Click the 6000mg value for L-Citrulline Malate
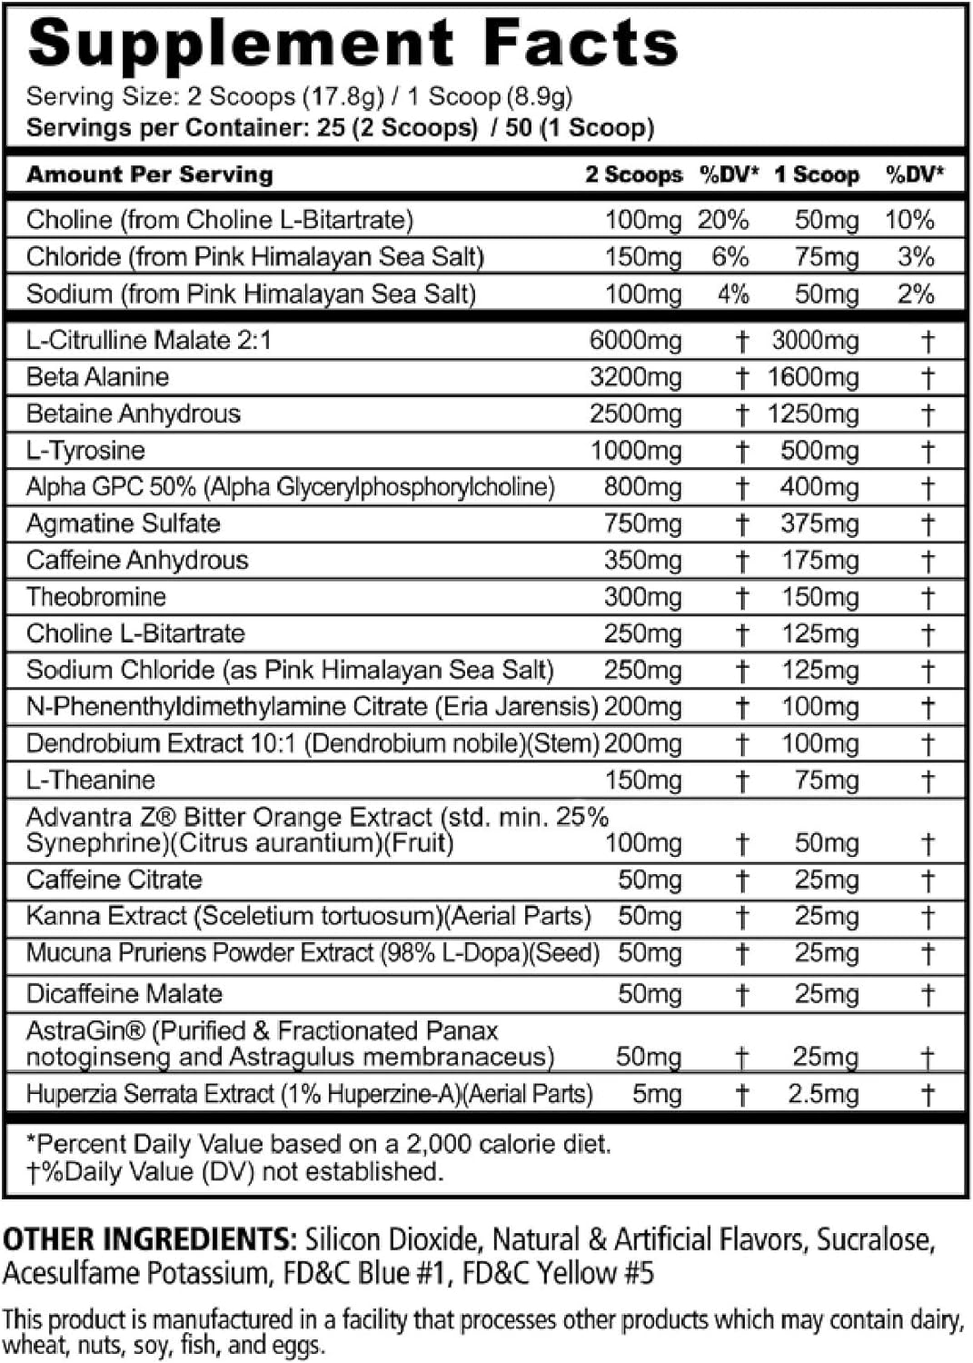click(x=635, y=341)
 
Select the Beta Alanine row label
click(x=97, y=377)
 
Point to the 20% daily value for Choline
click(x=723, y=220)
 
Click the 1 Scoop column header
click(x=816, y=174)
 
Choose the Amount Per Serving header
click(x=149, y=174)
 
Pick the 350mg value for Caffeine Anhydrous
click(x=642, y=561)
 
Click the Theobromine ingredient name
click(x=96, y=597)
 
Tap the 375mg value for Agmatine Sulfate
click(x=819, y=524)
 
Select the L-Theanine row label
click(x=90, y=781)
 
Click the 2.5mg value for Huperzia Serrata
click(x=822, y=1094)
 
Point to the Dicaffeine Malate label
click(x=124, y=993)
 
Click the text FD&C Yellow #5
click(x=558, y=1273)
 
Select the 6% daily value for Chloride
click(x=730, y=257)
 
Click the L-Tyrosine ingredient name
click(x=85, y=451)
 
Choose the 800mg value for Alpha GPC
click(x=642, y=488)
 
